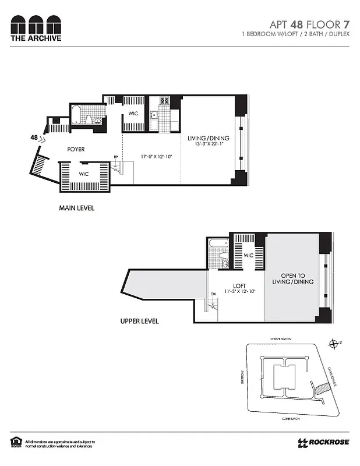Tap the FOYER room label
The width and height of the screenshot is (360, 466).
[76, 149]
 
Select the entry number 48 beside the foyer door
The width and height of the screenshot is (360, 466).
[34, 137]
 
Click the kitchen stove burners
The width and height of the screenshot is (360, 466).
[165, 101]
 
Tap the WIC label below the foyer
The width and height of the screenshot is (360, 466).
[83, 174]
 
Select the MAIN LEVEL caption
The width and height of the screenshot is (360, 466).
[76, 208]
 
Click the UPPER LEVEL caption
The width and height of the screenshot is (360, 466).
[139, 321]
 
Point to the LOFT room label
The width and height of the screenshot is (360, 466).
[239, 285]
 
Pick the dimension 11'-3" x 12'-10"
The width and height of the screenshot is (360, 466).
[239, 292]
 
